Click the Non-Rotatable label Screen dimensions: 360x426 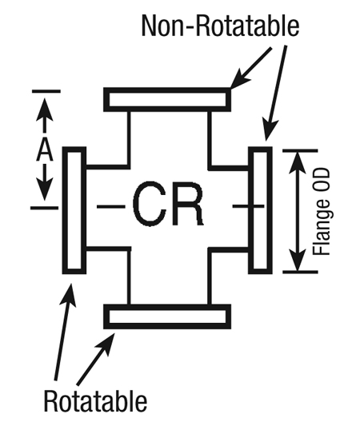click(x=220, y=26)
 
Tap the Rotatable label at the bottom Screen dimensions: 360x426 click(x=95, y=400)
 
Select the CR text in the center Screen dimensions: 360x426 click(x=168, y=204)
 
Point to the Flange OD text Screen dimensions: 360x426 click(x=322, y=212)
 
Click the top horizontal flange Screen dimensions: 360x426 click(x=167, y=99)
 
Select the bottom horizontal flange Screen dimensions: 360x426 click(x=167, y=317)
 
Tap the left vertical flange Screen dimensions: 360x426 click(x=74, y=210)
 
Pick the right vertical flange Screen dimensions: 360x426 click(x=260, y=210)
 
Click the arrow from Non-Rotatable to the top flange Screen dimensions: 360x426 click(x=250, y=68)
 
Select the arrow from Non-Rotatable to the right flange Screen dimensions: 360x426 click(x=275, y=94)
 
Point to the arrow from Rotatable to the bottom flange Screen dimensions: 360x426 click(x=95, y=359)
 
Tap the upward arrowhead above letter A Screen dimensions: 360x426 click(x=44, y=110)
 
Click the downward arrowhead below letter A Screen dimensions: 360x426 click(x=44, y=188)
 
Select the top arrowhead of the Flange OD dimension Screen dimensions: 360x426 click(x=298, y=162)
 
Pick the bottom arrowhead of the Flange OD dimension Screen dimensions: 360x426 click(x=298, y=261)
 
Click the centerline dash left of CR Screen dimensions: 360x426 click(x=111, y=207)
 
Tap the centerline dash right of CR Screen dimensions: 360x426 click(x=248, y=206)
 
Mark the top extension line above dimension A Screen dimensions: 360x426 click(x=46, y=91)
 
